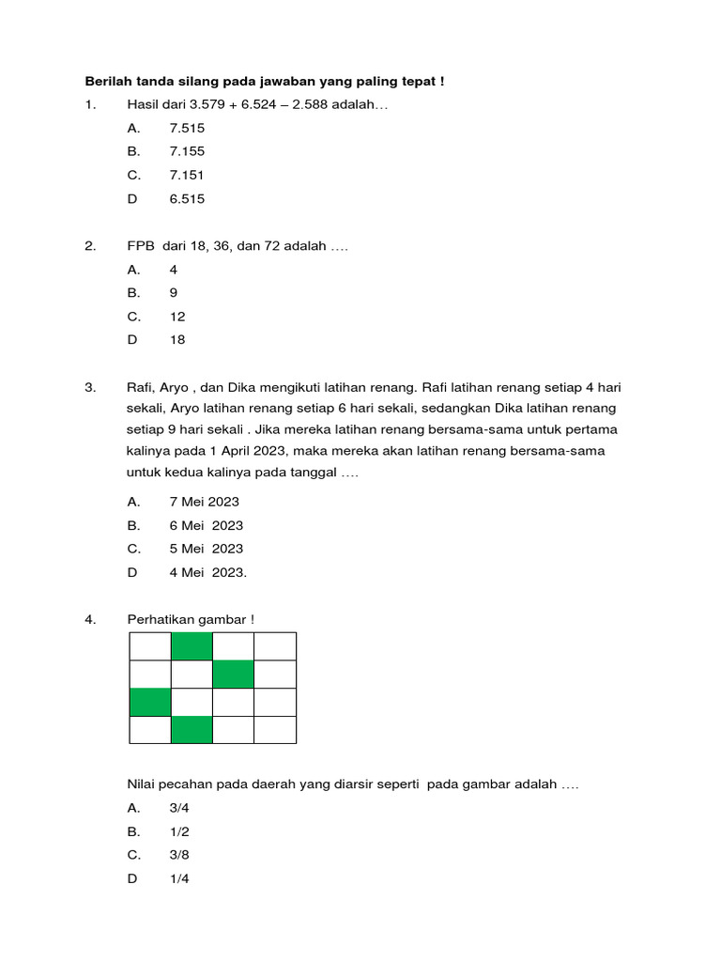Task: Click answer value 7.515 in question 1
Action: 187,128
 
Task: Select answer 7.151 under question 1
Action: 187,175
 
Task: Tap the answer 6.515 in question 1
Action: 187,198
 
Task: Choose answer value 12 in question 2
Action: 177,317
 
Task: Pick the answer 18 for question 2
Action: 177,340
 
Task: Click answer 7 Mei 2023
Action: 204,502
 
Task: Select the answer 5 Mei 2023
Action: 206,549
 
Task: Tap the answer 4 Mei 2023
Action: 207,572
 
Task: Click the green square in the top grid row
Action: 192,646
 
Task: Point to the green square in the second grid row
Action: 233,675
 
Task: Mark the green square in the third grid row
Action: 150,702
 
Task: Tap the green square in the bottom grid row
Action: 192,730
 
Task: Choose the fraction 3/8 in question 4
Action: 179,855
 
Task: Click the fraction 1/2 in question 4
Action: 179,831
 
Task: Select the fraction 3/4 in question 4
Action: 179,807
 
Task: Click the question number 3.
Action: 90,387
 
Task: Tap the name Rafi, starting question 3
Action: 141,387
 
